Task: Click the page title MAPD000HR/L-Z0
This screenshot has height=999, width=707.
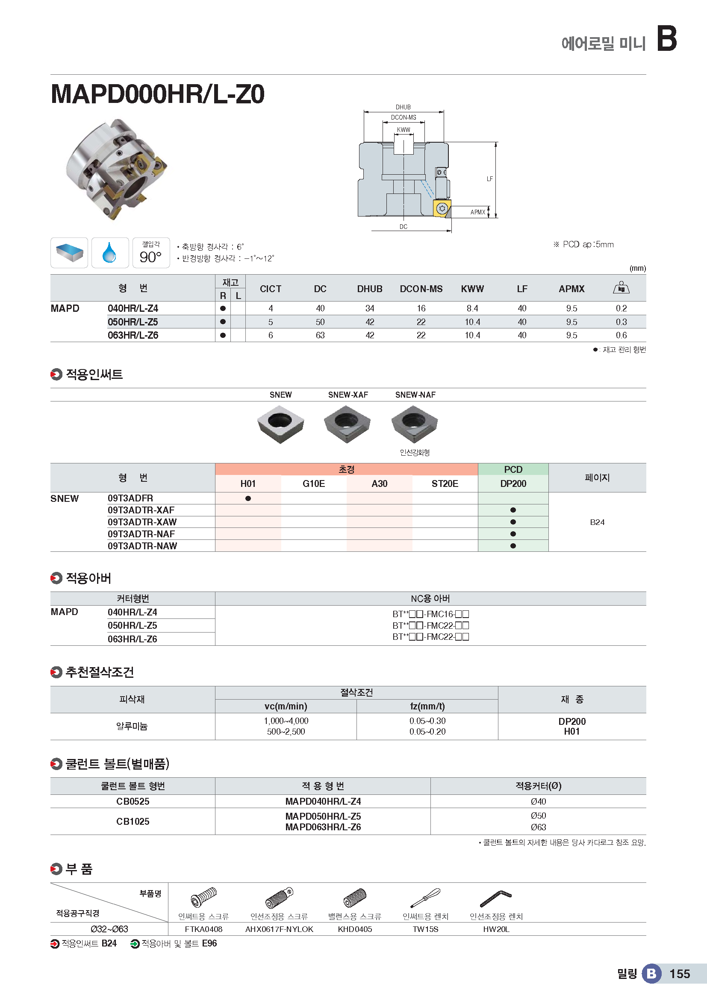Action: (158, 94)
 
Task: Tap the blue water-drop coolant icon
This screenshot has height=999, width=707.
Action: (110, 252)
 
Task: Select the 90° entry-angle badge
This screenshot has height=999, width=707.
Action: (150, 253)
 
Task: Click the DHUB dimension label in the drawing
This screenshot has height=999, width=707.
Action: (403, 107)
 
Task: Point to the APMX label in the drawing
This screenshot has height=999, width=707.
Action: (477, 212)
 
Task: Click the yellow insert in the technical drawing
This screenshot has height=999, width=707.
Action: (442, 208)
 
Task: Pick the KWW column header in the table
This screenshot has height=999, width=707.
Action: (472, 289)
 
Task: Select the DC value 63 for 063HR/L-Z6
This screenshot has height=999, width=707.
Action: (320, 335)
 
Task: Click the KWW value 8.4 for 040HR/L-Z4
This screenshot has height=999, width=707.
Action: (472, 308)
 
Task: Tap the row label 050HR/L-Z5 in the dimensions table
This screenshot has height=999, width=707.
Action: (133, 322)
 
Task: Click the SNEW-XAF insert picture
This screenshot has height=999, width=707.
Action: (347, 423)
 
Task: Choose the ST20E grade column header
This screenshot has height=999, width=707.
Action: (445, 483)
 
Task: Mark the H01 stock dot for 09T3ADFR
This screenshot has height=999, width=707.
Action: (248, 498)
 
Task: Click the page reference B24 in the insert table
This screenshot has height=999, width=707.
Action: (597, 522)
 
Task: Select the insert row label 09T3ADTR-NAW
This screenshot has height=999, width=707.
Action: (142, 546)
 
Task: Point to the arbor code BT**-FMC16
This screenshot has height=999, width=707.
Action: (430, 614)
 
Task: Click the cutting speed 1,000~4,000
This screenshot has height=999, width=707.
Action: (286, 721)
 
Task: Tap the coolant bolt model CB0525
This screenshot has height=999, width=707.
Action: (133, 801)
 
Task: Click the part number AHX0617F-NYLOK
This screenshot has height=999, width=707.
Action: (279, 929)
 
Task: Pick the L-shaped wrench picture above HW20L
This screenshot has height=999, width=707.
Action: (495, 898)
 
